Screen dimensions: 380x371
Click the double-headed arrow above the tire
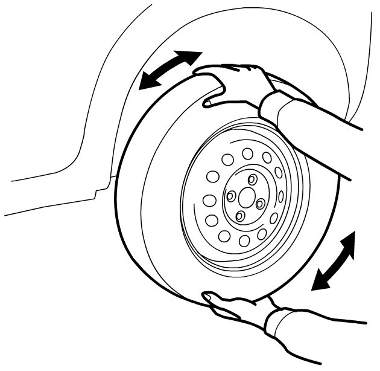click(x=169, y=70)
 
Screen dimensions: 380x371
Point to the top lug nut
click(x=252, y=179)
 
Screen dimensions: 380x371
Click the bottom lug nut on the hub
click(x=239, y=216)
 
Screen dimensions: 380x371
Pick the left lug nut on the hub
click(x=231, y=195)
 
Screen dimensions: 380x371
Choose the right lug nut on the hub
click(x=260, y=204)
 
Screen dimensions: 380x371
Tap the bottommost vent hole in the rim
click(x=244, y=240)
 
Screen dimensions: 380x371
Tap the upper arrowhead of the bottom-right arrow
click(x=348, y=240)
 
